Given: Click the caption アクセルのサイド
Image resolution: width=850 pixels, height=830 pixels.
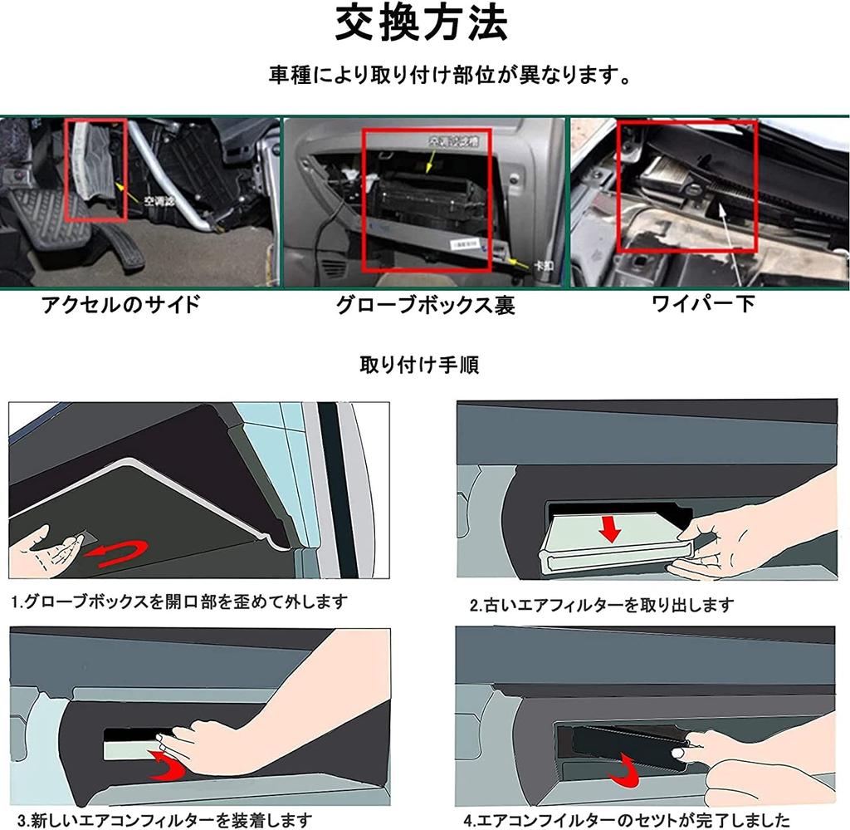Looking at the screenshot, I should [121, 304].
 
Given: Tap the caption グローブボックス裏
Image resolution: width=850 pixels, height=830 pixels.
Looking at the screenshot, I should [425, 305].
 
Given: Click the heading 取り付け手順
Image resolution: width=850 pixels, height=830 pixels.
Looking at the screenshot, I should [418, 365].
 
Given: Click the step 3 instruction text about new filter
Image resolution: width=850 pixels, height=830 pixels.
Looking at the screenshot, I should [163, 820].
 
